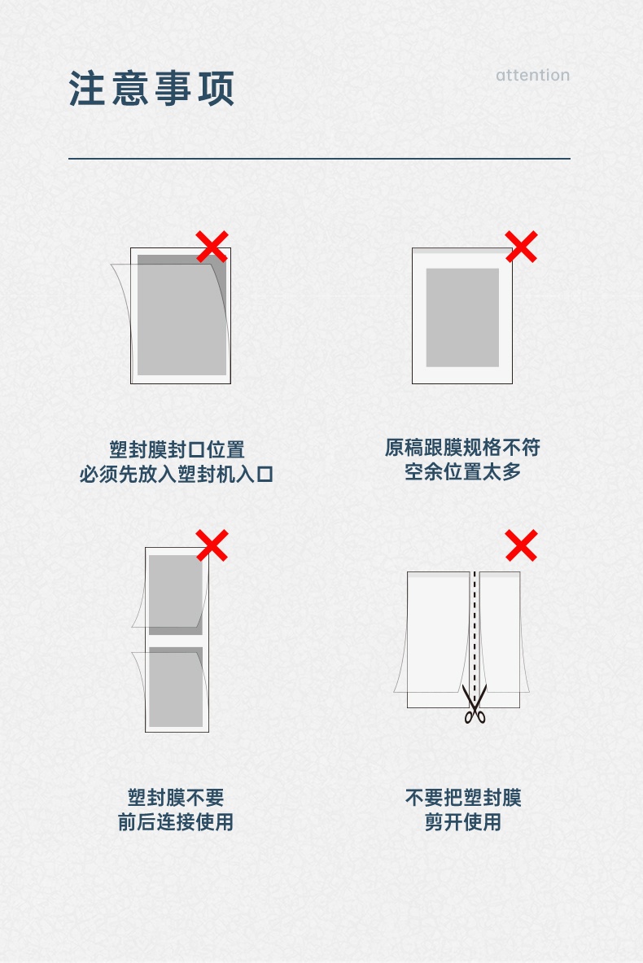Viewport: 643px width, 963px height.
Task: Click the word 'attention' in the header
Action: [x=532, y=75]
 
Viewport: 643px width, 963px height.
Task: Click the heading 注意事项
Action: [x=151, y=89]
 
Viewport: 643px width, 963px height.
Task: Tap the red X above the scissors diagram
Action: [x=522, y=545]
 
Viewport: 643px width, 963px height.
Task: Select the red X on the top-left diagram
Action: [x=212, y=247]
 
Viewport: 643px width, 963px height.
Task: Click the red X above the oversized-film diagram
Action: [x=522, y=247]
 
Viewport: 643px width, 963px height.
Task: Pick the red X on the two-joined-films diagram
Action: [x=212, y=545]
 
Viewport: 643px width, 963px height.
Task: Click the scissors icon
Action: [x=475, y=704]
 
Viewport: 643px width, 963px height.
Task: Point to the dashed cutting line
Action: [x=475, y=633]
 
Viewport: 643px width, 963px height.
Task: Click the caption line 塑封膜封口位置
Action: [x=177, y=449]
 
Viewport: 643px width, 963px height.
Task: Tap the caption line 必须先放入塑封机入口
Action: [x=177, y=474]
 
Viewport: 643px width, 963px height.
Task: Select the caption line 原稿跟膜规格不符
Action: [x=462, y=447]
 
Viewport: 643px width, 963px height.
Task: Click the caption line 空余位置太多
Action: [x=462, y=471]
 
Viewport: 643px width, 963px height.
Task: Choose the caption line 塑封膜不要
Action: [x=176, y=797]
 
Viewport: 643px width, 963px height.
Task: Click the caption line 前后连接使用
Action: [x=176, y=821]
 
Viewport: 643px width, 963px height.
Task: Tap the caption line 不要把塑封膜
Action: [x=463, y=797]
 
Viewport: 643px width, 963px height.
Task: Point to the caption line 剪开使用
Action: [x=463, y=821]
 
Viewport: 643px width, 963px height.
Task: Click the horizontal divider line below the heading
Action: [x=319, y=159]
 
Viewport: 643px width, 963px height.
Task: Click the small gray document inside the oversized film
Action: [x=462, y=317]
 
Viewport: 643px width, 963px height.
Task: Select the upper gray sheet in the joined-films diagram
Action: [x=176, y=594]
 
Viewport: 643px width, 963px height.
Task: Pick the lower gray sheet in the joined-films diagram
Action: [x=176, y=686]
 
